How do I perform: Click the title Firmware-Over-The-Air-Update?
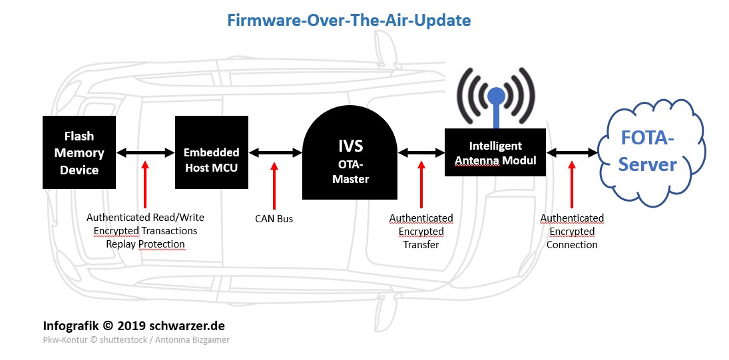349,21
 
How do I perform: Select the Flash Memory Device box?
79,152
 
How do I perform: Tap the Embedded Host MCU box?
212,152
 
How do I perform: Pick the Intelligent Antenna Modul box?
495,152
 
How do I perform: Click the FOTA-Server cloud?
651,152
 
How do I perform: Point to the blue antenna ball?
495,96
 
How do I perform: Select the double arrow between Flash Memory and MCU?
146,152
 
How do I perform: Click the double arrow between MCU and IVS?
275,152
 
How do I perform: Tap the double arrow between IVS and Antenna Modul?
421,152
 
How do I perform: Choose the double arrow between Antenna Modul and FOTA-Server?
572,152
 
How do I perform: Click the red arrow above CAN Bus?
274,185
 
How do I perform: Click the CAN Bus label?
274,219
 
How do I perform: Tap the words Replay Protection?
146,244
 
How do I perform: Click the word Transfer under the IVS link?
421,245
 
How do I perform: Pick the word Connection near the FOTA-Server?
572,245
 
